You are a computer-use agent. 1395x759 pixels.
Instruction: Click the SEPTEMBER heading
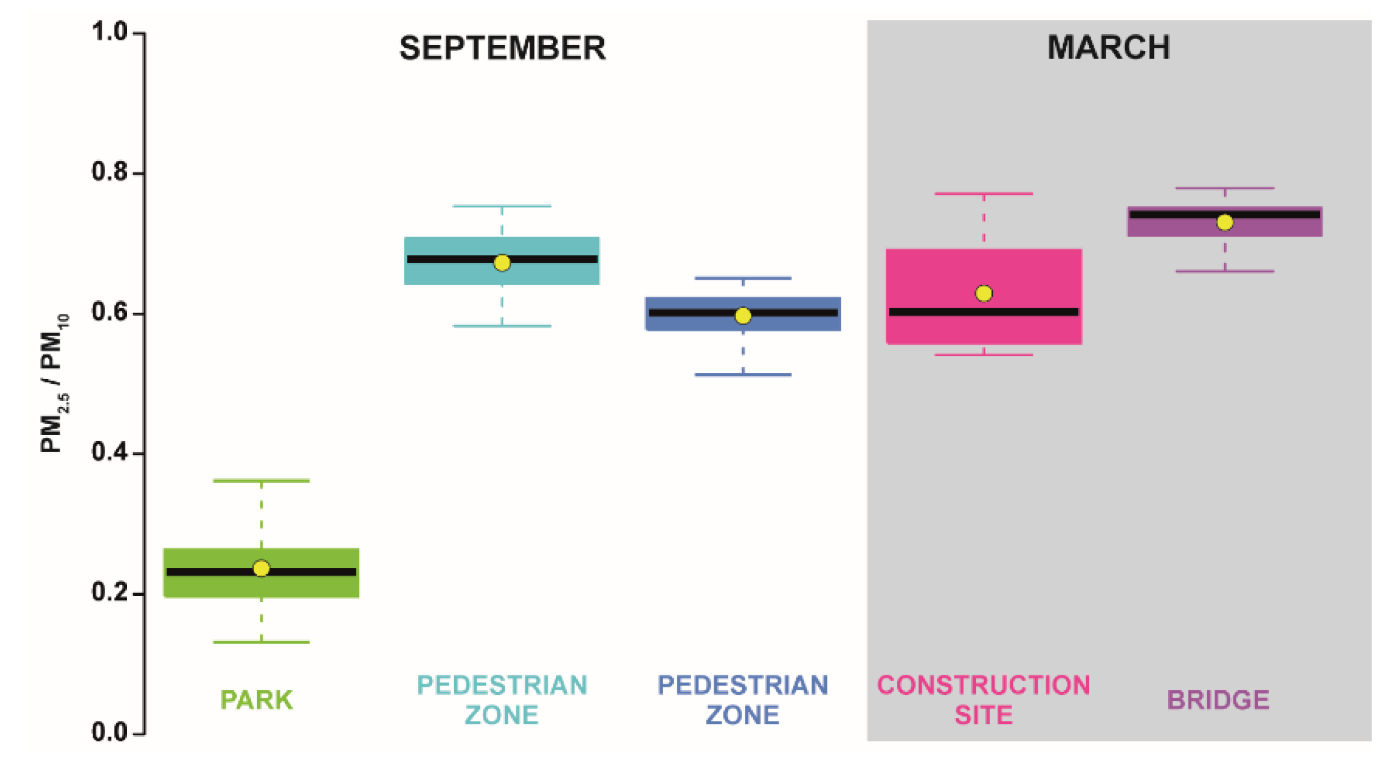point(502,48)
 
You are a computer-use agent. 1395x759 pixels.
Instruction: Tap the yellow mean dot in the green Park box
point(261,568)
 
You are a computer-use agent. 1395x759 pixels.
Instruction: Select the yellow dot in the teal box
point(502,263)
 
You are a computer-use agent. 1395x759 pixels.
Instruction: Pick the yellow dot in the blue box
point(743,316)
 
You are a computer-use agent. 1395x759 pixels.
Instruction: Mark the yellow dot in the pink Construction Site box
point(984,293)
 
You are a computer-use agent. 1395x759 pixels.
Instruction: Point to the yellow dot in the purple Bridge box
point(1224,222)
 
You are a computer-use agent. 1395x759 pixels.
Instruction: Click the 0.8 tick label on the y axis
point(109,172)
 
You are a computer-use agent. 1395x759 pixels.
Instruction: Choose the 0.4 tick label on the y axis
point(109,453)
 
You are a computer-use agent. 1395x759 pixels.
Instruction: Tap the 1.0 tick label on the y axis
point(109,32)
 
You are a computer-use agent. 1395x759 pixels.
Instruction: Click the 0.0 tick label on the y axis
point(109,732)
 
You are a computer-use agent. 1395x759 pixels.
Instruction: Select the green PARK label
point(256,700)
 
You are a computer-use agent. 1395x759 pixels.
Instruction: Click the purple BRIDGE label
point(1218,700)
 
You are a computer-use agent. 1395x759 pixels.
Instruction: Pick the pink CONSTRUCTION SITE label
point(984,700)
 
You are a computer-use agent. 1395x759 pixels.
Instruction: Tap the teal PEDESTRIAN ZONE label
point(502,700)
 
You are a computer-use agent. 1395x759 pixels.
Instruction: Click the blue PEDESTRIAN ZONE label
point(743,700)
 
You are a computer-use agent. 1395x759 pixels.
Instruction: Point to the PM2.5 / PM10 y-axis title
point(55,383)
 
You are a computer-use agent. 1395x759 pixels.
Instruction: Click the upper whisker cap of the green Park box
point(261,481)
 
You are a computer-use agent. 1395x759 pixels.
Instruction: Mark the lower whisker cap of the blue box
point(743,375)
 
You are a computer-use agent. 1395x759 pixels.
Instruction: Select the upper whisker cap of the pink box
point(984,194)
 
